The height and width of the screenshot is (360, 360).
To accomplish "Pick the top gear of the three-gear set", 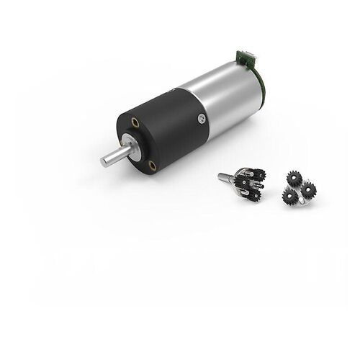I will (294, 177).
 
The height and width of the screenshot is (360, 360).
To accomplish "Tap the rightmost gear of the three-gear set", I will (309, 189).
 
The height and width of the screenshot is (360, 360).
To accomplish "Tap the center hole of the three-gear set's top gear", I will (294, 177).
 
